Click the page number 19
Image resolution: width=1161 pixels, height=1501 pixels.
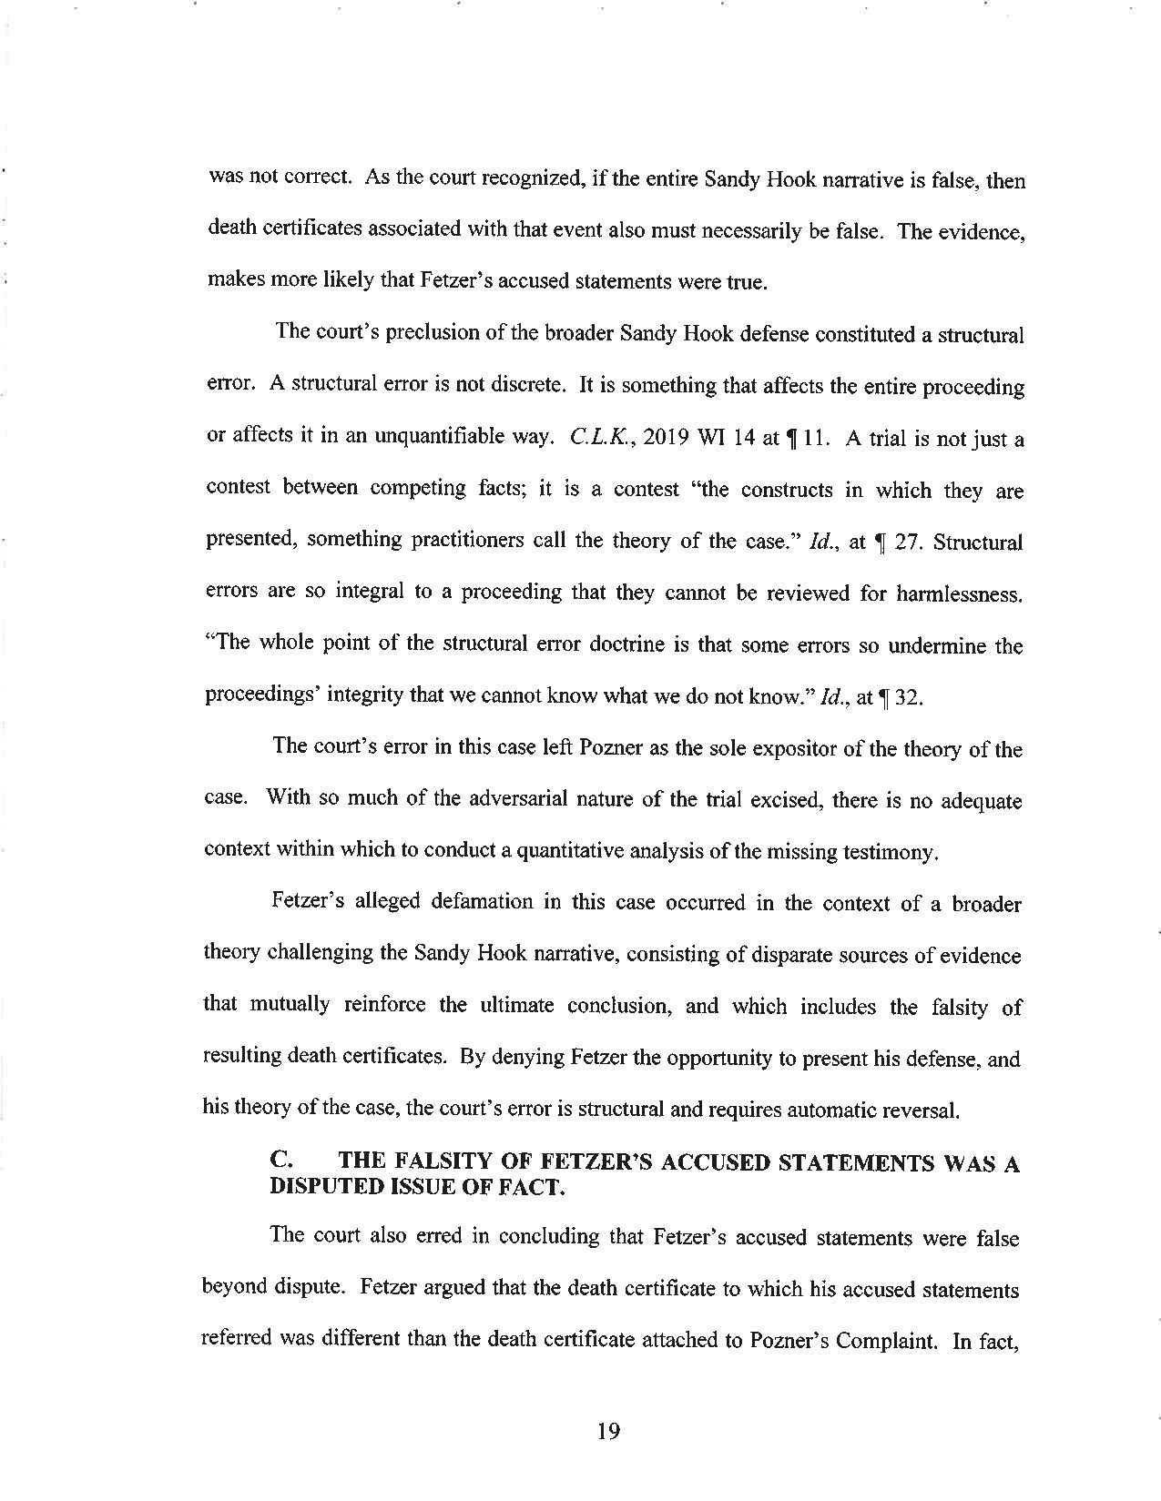(x=608, y=1432)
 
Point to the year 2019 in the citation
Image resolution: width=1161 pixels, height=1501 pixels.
(x=667, y=438)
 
